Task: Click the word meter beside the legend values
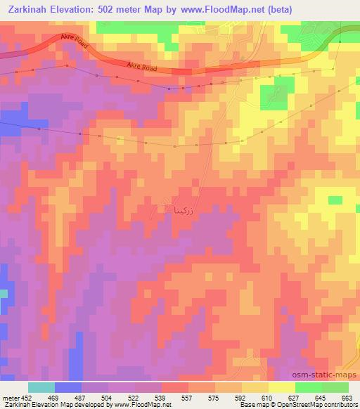pyautogui.click(x=10, y=398)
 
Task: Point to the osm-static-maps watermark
pyautogui.click(x=330, y=376)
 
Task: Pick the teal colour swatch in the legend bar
pyautogui.click(x=41, y=387)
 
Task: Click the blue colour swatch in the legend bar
pyautogui.click(x=67, y=387)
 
